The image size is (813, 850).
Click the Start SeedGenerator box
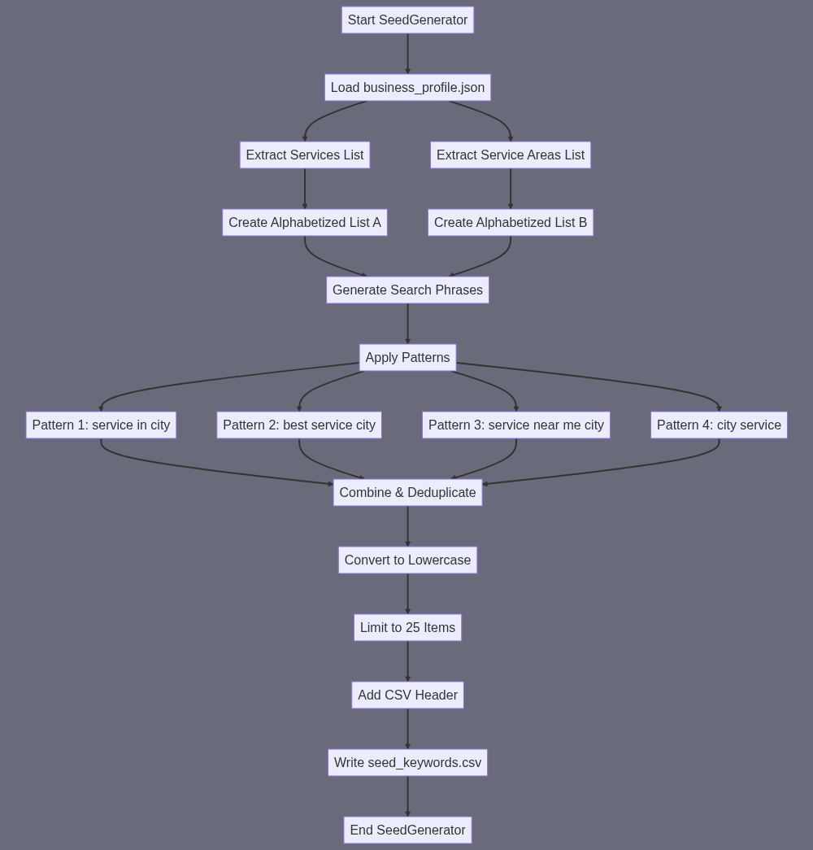coord(407,20)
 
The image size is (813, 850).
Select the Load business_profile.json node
coord(407,87)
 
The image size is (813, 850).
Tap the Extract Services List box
coord(305,155)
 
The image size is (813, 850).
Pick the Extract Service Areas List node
coord(511,155)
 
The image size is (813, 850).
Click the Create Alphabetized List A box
coord(305,222)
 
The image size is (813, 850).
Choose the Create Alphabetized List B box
coord(511,222)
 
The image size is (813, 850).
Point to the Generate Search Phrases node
coord(407,290)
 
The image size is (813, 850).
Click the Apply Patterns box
coord(407,357)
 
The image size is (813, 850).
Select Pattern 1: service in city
coord(101,425)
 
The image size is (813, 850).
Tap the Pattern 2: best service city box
coord(299,425)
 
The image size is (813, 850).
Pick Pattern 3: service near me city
coord(516,425)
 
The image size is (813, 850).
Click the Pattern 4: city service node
coord(719,425)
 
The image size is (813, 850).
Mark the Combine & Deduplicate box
coord(407,492)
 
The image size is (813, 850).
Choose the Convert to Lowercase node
coord(407,560)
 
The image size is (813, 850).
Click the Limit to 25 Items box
coord(407,627)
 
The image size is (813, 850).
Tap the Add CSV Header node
coord(407,695)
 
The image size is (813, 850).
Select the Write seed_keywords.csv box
coord(407,762)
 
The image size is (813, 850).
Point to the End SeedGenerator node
coord(407,830)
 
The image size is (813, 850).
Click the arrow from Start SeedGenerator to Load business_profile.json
coord(407,54)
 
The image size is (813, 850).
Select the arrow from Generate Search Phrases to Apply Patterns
coord(407,324)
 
